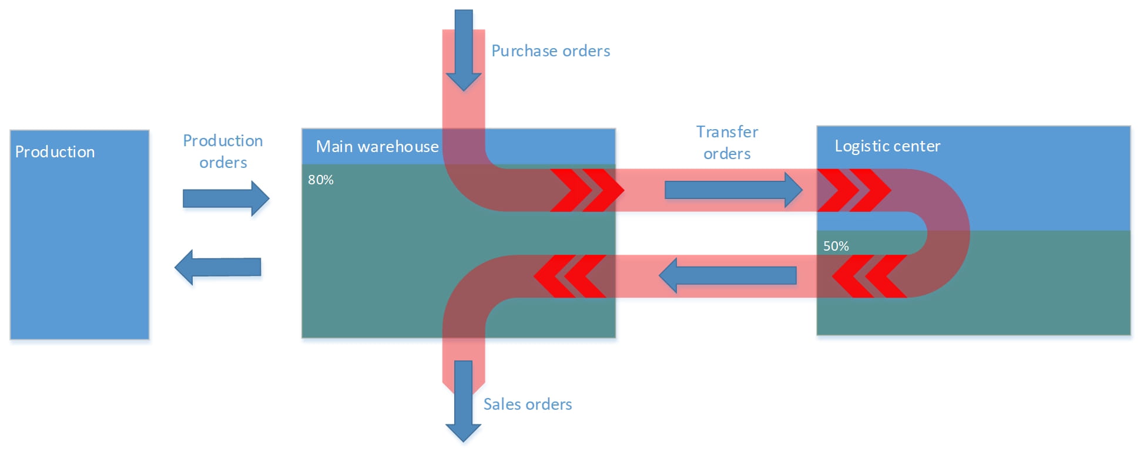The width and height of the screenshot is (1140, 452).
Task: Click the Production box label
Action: click(55, 152)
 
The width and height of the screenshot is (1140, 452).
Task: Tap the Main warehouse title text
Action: click(377, 147)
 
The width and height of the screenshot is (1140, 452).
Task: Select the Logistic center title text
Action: click(887, 146)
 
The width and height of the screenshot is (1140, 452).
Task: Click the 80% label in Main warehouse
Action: click(321, 180)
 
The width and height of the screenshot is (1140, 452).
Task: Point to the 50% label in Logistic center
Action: click(836, 247)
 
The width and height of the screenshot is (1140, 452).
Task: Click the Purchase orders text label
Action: click(551, 51)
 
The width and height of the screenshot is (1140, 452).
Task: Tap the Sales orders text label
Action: click(527, 404)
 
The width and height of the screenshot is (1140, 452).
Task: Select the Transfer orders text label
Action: click(727, 143)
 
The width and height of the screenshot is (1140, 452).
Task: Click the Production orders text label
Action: click(223, 151)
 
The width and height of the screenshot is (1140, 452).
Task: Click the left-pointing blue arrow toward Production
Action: click(218, 267)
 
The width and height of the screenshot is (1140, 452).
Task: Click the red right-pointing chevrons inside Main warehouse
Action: click(586, 190)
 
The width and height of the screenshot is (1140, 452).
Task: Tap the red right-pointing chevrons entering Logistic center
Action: click(854, 190)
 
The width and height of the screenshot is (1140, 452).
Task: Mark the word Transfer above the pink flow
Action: click(727, 132)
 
